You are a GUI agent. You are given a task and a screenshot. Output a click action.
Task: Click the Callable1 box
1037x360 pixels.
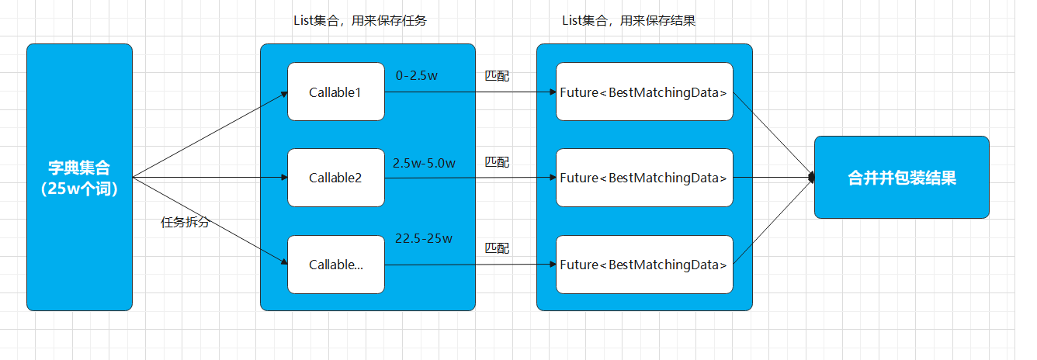(335, 92)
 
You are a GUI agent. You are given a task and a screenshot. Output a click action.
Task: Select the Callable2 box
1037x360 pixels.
(335, 178)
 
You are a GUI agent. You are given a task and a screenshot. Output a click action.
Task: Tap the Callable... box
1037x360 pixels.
(335, 265)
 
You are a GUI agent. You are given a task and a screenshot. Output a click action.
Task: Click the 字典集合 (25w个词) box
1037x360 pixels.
(79, 177)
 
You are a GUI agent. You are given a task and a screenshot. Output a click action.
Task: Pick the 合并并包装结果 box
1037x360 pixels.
(901, 177)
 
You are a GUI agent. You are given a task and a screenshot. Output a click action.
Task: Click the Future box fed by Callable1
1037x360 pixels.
(644, 92)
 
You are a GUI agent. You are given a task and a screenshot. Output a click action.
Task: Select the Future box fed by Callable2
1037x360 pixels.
(644, 178)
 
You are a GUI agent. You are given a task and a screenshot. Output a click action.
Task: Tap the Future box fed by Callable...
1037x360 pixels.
(644, 265)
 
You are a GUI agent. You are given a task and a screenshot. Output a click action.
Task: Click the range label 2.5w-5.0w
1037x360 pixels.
(424, 163)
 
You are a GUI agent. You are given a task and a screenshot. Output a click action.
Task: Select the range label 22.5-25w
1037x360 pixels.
(424, 238)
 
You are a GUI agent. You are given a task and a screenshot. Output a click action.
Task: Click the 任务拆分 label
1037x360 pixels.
(185, 223)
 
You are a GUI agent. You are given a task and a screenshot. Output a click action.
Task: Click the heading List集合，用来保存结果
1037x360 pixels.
(629, 21)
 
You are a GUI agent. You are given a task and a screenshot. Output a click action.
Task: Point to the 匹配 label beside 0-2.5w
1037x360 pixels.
(497, 76)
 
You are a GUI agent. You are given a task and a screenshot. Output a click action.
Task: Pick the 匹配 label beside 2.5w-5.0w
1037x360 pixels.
(497, 162)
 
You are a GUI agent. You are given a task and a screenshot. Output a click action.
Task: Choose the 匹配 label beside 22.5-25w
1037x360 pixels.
(497, 248)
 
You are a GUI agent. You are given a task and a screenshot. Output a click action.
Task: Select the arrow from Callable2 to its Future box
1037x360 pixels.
(470, 178)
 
